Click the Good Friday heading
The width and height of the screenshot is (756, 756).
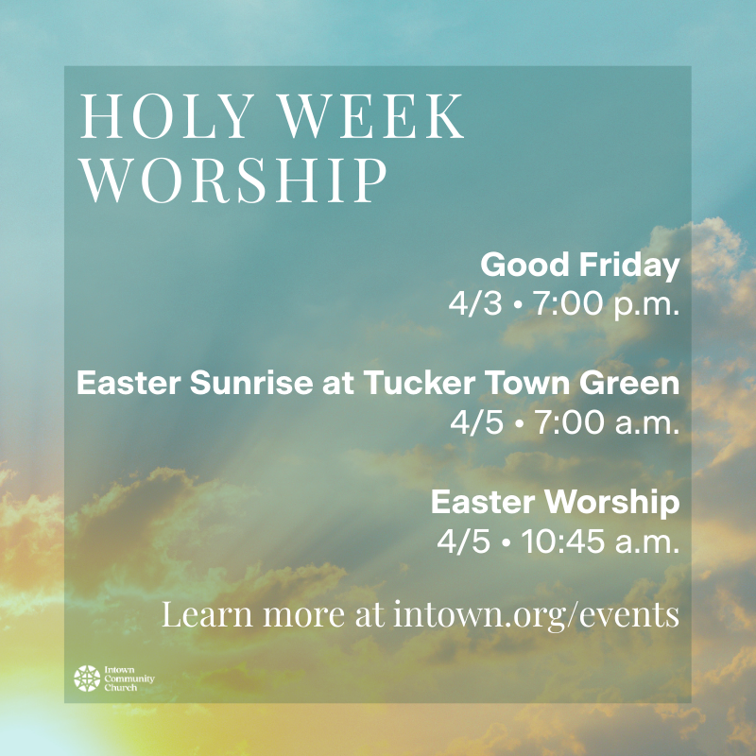click(x=579, y=266)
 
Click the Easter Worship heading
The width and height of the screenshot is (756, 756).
click(x=555, y=503)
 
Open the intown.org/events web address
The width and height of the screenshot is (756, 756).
click(x=535, y=614)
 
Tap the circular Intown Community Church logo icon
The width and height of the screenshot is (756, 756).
click(x=87, y=679)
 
